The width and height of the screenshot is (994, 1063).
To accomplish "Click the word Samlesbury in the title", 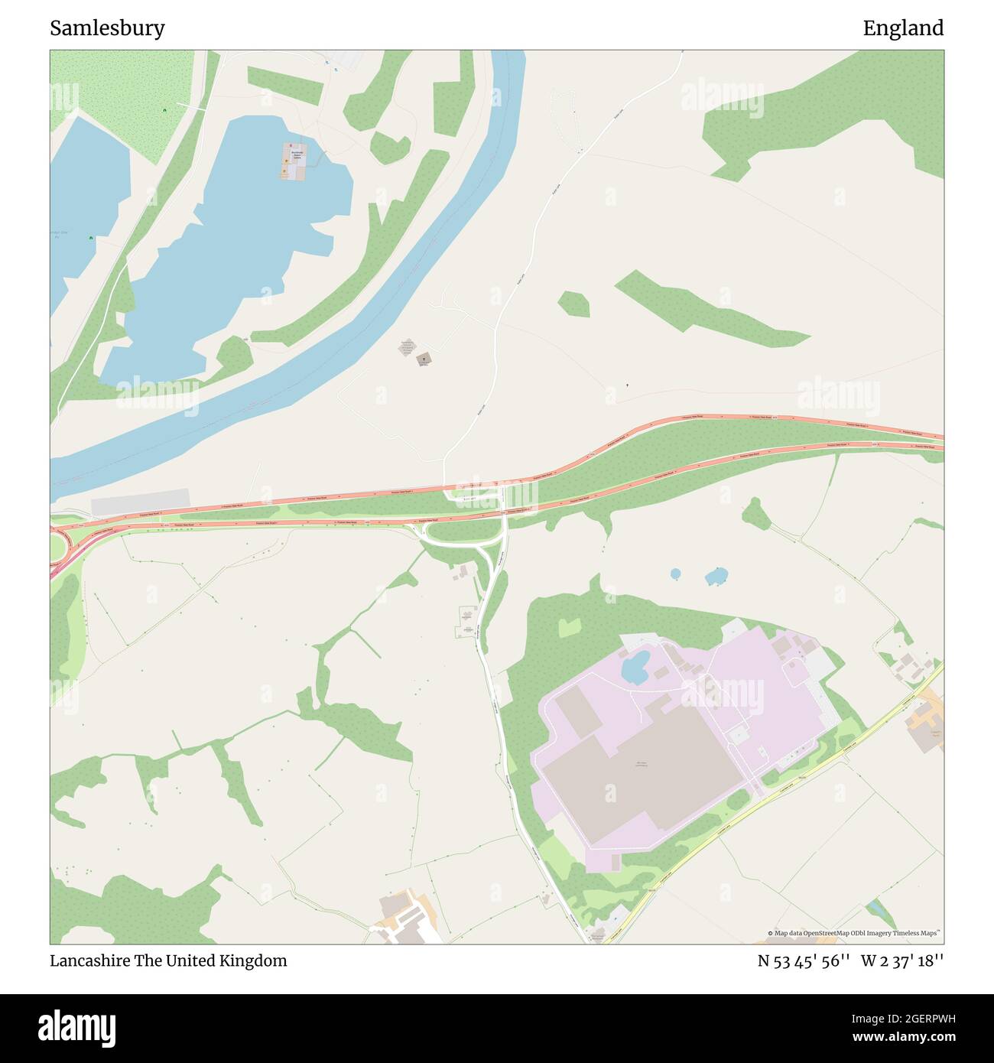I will click(107, 28).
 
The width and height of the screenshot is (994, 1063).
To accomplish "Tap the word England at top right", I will click(903, 28).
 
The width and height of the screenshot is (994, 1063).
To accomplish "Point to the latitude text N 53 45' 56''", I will click(804, 961).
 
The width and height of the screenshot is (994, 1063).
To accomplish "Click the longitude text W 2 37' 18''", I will click(902, 961).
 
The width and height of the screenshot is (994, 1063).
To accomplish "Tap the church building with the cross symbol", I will click(423, 358).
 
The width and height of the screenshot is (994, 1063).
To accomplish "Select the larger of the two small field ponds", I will click(716, 576).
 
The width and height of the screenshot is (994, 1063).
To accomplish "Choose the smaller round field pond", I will click(675, 574).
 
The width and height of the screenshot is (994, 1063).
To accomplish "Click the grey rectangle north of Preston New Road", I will click(140, 502).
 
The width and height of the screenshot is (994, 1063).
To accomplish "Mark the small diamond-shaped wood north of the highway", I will click(573, 304).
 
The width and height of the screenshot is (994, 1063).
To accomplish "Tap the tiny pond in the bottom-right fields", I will click(879, 911).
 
